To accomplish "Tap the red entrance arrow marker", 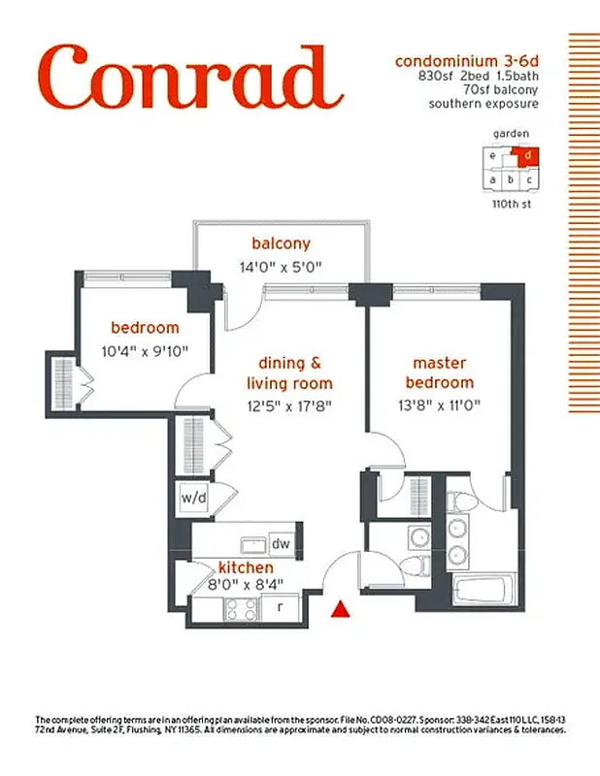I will click(x=340, y=609).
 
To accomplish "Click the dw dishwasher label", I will click(x=282, y=543).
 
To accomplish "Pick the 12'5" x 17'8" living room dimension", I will click(x=288, y=404).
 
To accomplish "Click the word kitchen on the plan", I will click(x=245, y=566).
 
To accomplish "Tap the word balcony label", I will click(x=281, y=243).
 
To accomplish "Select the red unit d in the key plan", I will click(x=527, y=154).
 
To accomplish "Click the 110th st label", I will click(x=512, y=205).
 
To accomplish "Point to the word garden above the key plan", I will click(x=511, y=133).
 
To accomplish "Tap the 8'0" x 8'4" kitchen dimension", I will click(x=245, y=585).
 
